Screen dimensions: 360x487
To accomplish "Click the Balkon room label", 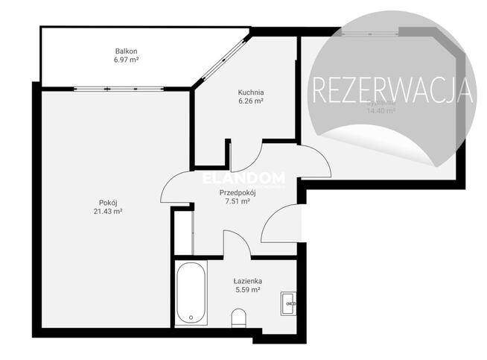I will point(127,51).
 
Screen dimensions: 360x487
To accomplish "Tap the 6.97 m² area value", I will point(127,60).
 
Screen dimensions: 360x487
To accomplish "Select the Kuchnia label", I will point(250,92).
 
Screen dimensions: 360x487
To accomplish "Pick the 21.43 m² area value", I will point(108,212).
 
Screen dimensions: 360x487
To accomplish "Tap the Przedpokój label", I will point(238,192).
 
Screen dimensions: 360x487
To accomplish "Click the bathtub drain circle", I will point(191,318).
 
